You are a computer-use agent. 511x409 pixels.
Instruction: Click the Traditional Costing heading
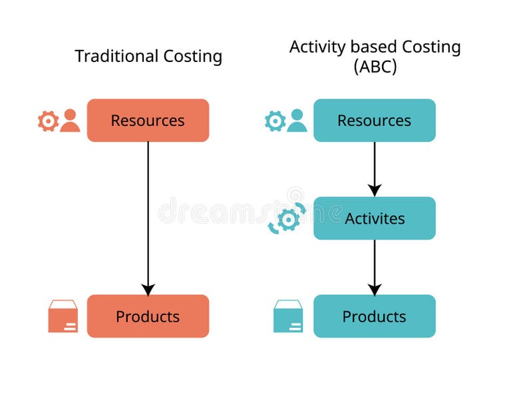[148, 57]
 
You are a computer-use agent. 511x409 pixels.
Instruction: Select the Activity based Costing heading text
[375, 47]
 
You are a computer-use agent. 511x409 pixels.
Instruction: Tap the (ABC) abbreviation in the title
[375, 67]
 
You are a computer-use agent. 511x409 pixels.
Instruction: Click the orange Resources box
[148, 121]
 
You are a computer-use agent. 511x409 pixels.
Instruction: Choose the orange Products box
[148, 316]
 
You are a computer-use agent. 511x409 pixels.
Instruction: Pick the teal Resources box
[375, 121]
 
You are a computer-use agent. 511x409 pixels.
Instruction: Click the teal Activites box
[375, 218]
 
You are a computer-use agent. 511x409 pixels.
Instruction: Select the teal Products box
[375, 316]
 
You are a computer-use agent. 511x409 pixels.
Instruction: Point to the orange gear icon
[48, 121]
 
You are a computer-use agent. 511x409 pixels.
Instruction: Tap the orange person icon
[70, 121]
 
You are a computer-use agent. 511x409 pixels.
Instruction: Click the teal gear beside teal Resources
[275, 121]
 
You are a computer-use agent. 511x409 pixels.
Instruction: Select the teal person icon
[297, 121]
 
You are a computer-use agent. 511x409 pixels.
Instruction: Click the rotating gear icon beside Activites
[287, 219]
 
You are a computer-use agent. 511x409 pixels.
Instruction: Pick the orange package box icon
[63, 316]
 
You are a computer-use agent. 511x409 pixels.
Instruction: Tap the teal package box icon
[288, 316]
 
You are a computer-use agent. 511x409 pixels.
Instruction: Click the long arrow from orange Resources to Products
[148, 213]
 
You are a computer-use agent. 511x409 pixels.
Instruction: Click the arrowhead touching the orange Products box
[148, 289]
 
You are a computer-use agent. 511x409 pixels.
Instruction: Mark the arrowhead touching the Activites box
[375, 191]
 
